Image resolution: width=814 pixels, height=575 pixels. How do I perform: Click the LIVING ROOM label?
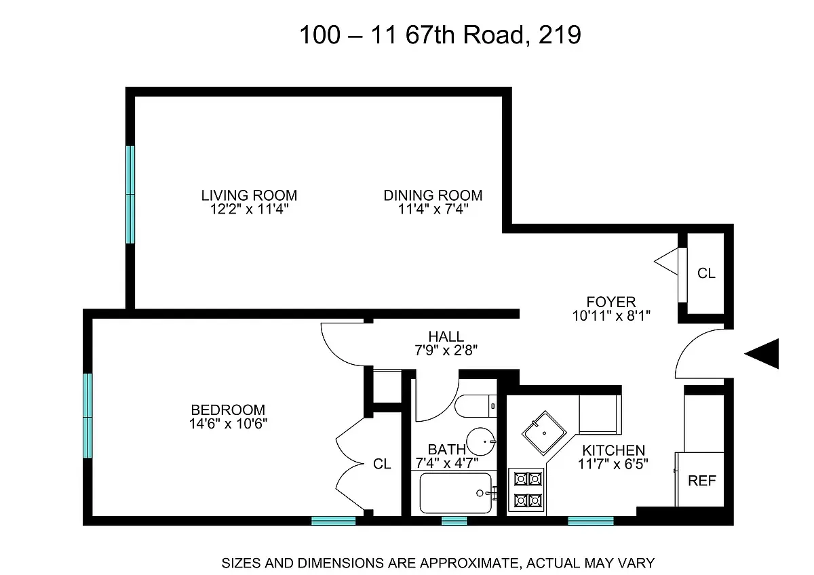pyautogui.click(x=249, y=195)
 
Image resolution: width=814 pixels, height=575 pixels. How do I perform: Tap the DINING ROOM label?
pyautogui.click(x=433, y=195)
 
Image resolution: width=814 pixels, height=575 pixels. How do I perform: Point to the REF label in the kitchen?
pyautogui.click(x=702, y=481)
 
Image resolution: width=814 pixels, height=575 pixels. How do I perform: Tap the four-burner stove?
pyautogui.click(x=528, y=490)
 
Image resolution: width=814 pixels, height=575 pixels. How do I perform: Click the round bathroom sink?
pyautogui.click(x=482, y=441)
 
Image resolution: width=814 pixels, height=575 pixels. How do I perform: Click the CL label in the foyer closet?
pyautogui.click(x=706, y=273)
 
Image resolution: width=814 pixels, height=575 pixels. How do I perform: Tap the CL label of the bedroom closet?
pyautogui.click(x=382, y=464)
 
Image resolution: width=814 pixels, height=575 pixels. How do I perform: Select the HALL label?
pyautogui.click(x=446, y=336)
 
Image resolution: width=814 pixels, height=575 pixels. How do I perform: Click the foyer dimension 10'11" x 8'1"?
pyautogui.click(x=612, y=315)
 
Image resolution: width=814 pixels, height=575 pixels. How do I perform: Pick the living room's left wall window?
pyautogui.click(x=130, y=195)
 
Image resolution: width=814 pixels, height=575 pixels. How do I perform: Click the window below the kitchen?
pyautogui.click(x=590, y=521)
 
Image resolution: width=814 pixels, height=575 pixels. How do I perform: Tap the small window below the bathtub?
pyautogui.click(x=454, y=521)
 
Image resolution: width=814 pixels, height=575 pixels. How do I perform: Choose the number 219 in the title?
pyautogui.click(x=560, y=35)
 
